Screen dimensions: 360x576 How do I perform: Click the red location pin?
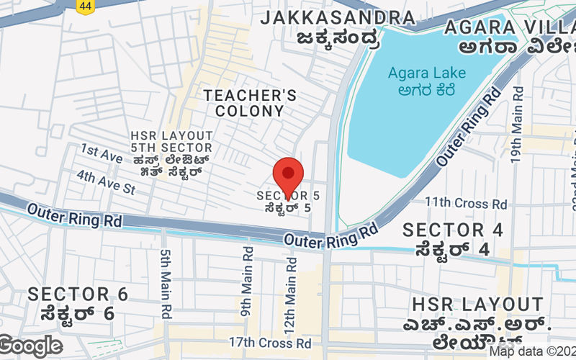tap(289, 174)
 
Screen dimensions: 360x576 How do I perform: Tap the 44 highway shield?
tap(86, 6)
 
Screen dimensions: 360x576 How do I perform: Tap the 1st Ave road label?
tap(102, 151)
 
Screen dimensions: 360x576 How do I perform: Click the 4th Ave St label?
tap(106, 182)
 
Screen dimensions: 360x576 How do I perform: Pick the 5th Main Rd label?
tap(166, 284)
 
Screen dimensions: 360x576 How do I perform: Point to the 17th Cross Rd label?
tap(269, 343)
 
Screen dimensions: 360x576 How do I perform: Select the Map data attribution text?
tap(532, 351)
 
